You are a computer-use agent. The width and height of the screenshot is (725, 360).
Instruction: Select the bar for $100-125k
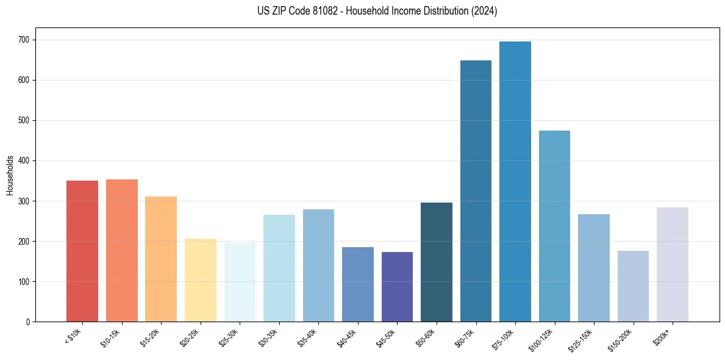point(554,226)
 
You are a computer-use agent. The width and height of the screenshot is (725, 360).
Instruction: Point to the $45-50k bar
point(397,287)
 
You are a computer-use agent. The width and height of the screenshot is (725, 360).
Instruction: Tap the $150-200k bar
point(633,286)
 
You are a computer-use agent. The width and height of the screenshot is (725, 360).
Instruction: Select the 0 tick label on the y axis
point(29,322)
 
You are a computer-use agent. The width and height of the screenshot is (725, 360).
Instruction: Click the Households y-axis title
point(10,175)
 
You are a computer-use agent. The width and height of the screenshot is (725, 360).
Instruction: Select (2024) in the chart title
point(485,11)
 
